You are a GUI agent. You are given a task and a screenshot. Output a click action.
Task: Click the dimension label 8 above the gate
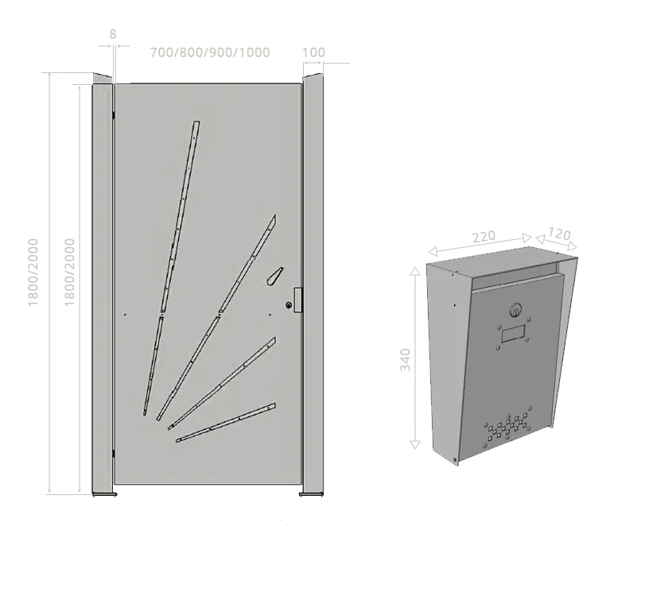pos(113,34)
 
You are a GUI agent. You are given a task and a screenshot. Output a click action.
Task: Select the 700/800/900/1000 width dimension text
pos(210,52)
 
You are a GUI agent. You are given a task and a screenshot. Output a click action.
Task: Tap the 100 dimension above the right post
pos(314,52)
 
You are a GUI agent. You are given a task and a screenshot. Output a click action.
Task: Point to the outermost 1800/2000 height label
pos(33,272)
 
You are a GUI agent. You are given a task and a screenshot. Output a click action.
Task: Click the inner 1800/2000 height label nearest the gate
pos(69,272)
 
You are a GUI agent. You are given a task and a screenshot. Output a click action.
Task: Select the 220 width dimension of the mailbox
pos(484,237)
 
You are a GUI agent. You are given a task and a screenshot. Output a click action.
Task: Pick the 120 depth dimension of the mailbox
pos(559,234)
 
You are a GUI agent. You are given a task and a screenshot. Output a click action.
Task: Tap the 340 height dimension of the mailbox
pos(405,359)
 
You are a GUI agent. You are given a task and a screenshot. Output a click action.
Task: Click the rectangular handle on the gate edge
pos(299,300)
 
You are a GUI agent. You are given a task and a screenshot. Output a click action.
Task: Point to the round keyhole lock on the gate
pos(289,305)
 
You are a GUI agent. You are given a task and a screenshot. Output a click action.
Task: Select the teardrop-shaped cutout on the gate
pos(274,277)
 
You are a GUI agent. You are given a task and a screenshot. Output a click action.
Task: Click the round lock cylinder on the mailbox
pos(516,310)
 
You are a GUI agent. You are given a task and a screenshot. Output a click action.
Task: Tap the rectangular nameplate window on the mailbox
pos(513,334)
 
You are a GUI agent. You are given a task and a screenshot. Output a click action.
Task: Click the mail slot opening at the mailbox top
pos(515,281)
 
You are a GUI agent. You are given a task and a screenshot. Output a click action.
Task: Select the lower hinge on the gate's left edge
pos(114,453)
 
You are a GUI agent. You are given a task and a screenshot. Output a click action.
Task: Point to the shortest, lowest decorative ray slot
pos(226,423)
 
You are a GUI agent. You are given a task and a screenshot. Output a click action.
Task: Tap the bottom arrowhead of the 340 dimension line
pos(415,444)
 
